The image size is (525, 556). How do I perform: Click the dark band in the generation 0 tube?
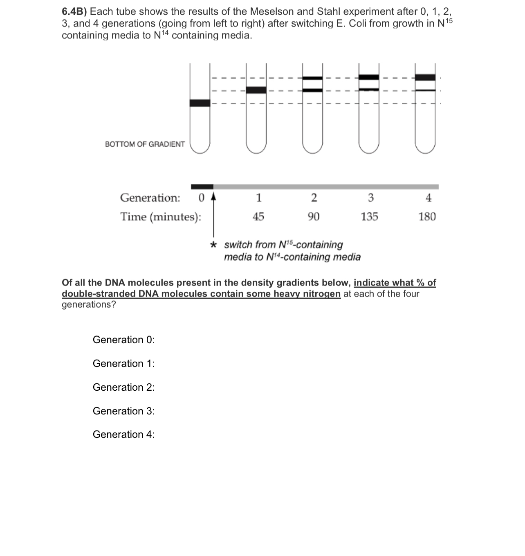click(200, 103)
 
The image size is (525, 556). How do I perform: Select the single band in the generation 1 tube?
click(256, 90)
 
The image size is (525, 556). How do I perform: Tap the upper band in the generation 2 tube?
click(312, 78)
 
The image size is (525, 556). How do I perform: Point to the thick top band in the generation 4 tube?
click(425, 77)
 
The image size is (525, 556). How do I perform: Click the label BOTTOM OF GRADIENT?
click(145, 144)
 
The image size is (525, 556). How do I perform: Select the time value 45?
click(258, 216)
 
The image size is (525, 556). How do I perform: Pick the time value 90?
click(314, 216)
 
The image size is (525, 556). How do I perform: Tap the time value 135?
click(369, 216)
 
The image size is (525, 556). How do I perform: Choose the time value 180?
click(427, 216)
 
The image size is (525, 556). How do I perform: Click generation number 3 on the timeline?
click(370, 198)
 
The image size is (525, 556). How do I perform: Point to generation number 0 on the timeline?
click(201, 198)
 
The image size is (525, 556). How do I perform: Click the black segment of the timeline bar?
click(202, 187)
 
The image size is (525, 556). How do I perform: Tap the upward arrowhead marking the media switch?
click(213, 197)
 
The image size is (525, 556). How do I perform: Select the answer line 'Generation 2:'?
click(123, 387)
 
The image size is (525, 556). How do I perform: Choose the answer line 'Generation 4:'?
click(123, 434)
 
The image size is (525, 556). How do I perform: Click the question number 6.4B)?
click(74, 11)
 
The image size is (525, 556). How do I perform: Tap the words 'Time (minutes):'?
click(160, 216)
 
